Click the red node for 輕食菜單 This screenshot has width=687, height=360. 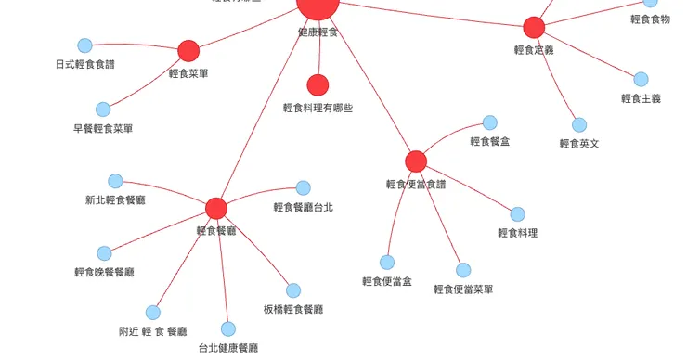188,50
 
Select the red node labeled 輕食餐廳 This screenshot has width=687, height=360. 216,208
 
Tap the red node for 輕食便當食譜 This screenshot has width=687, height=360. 416,161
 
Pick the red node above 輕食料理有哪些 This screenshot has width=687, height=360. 318,85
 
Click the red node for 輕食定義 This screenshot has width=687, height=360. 534,27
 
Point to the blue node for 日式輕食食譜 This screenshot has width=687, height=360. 84,45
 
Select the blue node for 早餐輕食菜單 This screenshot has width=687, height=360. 103,109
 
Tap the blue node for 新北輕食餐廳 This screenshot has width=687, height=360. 115,181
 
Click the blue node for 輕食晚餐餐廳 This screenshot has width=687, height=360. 104,253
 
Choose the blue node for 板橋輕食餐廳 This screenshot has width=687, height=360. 293,290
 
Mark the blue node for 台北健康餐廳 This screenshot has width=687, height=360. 228,328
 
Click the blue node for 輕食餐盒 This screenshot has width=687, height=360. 489,122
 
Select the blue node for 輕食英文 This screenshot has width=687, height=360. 579,124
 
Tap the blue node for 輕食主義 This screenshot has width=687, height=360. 641,79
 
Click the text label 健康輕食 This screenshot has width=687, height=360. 318,32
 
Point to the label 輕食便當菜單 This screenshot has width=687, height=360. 463,289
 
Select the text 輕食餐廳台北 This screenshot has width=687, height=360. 304,207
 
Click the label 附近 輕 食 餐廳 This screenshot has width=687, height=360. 153,331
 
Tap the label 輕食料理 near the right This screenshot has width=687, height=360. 517,233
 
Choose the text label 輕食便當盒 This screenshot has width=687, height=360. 387,281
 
